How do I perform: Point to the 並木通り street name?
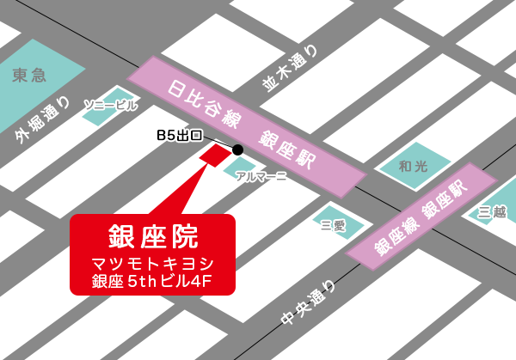(290, 66)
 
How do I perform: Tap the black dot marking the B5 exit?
(237, 149)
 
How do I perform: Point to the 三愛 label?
(332, 225)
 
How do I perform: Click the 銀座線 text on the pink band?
(393, 235)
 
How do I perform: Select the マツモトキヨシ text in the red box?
(151, 262)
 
